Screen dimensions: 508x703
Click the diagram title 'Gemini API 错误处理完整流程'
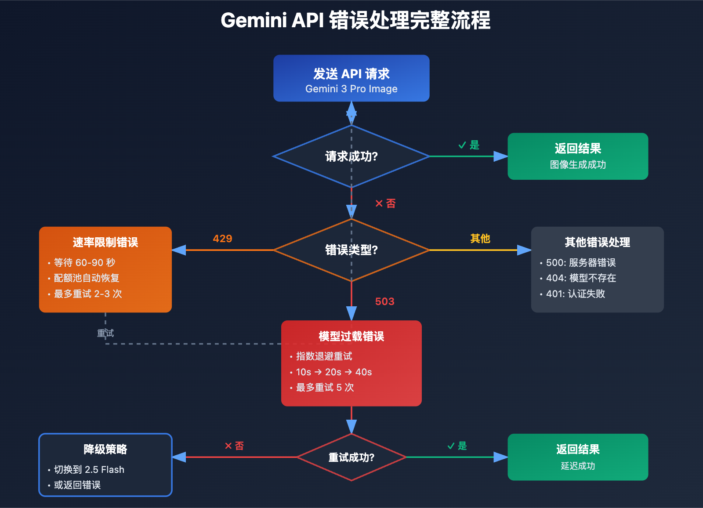(355, 21)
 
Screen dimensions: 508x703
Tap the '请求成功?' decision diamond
(351, 156)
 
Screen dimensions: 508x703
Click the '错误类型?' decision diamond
(351, 250)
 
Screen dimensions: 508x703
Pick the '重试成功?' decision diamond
(351, 457)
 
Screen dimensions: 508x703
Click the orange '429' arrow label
(222, 239)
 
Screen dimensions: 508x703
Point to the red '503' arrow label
(384, 301)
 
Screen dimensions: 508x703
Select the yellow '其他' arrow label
(480, 239)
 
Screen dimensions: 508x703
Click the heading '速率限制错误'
(105, 242)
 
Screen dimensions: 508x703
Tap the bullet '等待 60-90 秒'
(84, 262)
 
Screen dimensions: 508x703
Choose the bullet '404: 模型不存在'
(580, 278)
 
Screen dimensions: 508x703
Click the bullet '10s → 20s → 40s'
(333, 372)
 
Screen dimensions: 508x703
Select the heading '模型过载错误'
(351, 336)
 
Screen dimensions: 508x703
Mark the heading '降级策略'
(105, 449)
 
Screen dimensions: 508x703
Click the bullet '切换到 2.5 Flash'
(89, 469)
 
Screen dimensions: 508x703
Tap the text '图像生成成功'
(578, 164)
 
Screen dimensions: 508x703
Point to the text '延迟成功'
(578, 466)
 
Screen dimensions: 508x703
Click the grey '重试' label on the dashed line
(105, 333)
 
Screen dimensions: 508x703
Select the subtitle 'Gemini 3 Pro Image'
(351, 89)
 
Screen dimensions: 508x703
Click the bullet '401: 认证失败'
(575, 294)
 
